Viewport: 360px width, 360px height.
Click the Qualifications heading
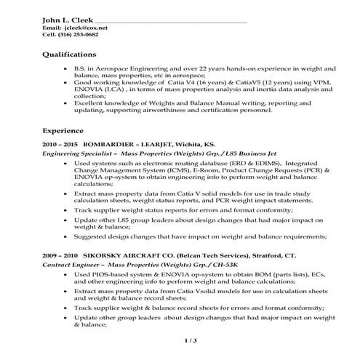click(x=69, y=54)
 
